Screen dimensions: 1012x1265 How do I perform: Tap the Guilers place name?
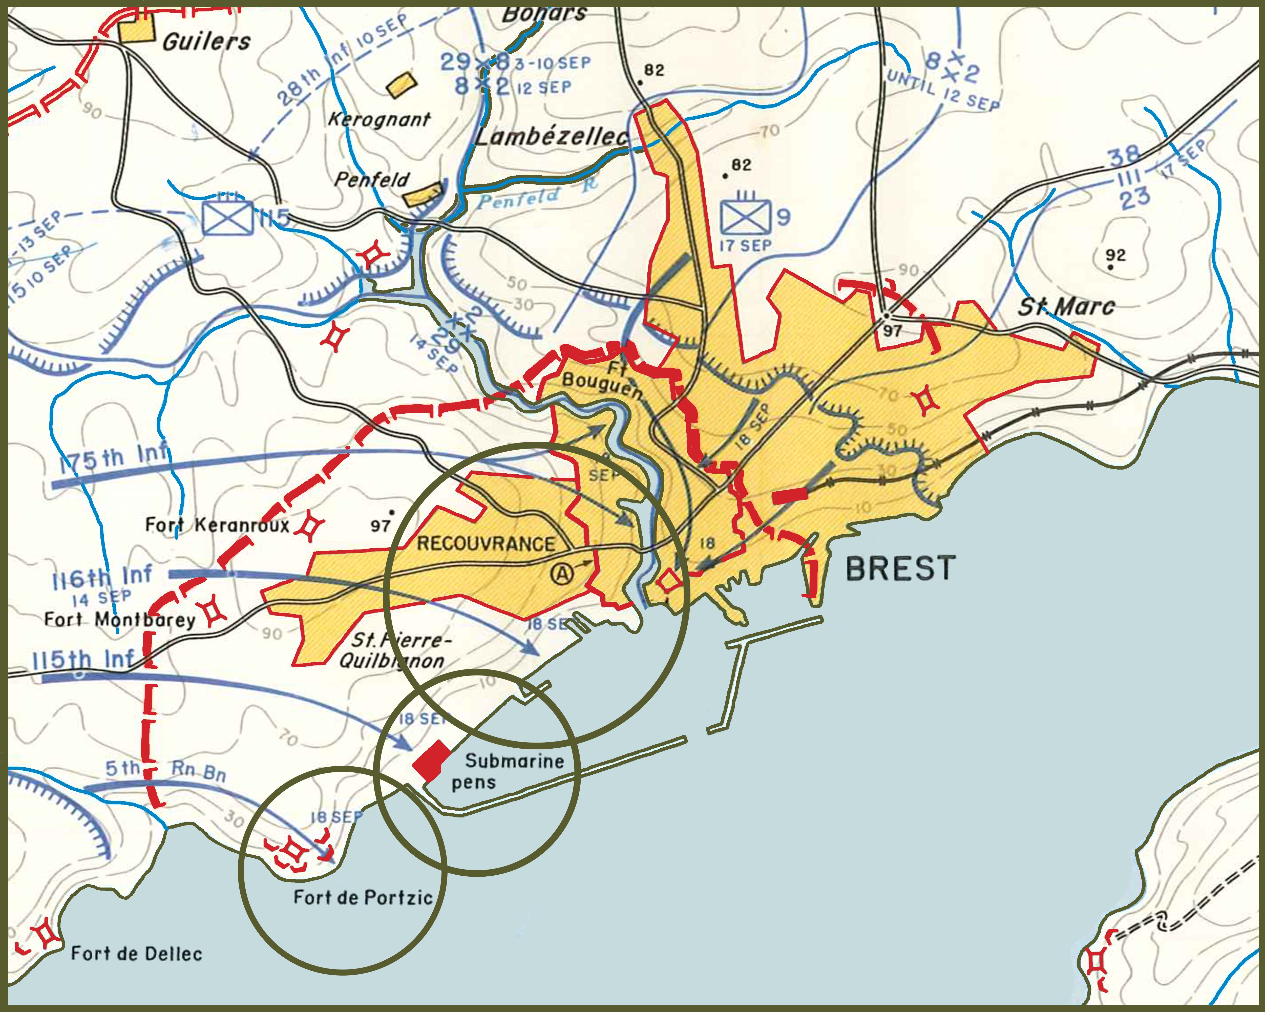[206, 42]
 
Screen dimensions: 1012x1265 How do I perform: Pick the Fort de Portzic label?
[363, 897]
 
